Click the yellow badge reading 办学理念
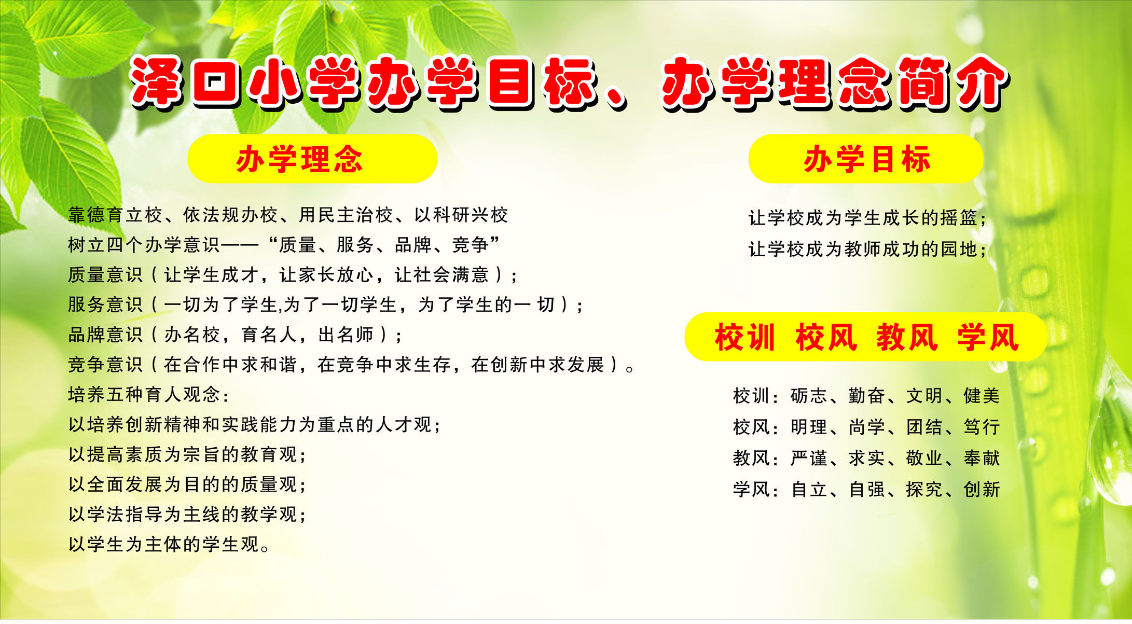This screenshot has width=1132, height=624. [312, 159]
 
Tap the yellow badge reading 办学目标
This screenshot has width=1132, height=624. [865, 159]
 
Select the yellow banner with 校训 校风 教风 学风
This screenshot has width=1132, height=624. [865, 337]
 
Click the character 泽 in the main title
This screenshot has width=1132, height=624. [157, 82]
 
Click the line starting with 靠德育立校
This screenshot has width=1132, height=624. [288, 215]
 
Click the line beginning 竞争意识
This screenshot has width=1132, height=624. [351, 365]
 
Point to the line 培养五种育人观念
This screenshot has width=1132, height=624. [148, 395]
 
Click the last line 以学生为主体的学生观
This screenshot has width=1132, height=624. [169, 544]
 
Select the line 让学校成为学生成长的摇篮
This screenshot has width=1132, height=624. [866, 218]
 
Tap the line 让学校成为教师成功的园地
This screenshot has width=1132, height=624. [866, 249]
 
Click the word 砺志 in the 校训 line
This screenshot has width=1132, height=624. [809, 396]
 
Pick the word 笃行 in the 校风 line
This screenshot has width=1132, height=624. [982, 427]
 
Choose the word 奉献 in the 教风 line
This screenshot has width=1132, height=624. [982, 458]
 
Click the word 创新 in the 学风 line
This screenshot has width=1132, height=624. [982, 489]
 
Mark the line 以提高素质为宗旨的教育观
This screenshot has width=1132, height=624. [187, 455]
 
